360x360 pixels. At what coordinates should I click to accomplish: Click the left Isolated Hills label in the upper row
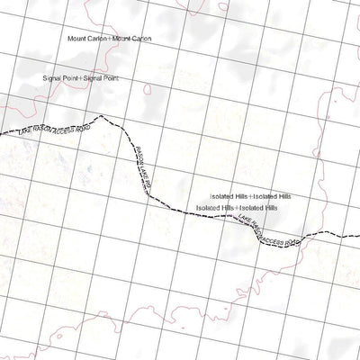230,195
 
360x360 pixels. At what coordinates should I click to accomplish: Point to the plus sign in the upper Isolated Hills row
252,195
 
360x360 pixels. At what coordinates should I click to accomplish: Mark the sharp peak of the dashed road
102,115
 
